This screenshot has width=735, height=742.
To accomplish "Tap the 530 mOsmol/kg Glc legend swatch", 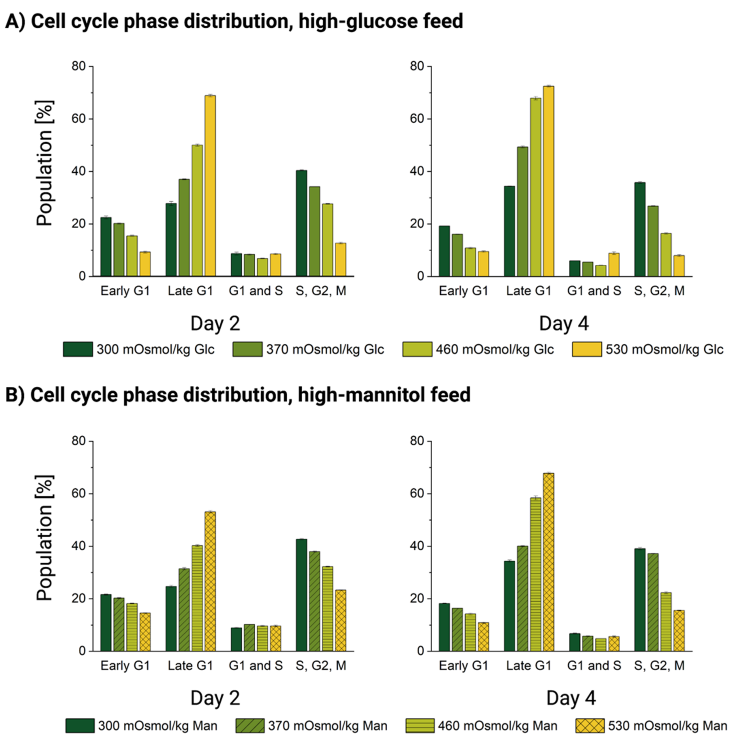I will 586,349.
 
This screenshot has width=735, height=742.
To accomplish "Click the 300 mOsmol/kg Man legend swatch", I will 80,726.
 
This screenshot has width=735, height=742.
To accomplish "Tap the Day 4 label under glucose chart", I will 563,323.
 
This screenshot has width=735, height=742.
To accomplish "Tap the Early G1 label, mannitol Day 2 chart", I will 125,665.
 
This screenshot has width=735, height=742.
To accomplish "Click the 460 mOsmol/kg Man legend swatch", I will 420,726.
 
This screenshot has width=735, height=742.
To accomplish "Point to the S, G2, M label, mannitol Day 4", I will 659,665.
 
